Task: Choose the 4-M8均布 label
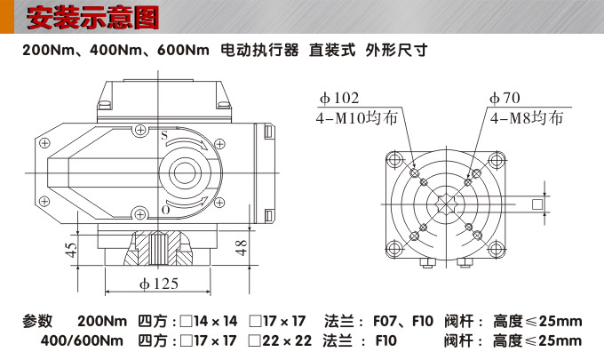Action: click(524, 117)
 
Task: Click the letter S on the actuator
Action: click(164, 135)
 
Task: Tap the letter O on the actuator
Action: click(164, 211)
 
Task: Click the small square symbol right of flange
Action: click(537, 205)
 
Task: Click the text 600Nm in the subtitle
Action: click(183, 51)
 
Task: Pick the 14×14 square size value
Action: click(216, 321)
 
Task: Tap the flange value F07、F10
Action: click(402, 321)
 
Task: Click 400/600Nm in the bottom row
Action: click(83, 340)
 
